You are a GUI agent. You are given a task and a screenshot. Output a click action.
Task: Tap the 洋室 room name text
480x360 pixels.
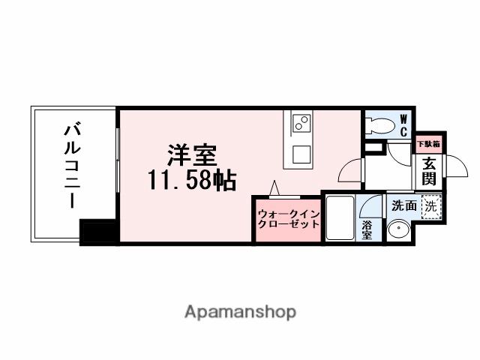pos(191,155)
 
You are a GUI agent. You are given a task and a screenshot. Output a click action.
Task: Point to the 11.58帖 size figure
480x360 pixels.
pos(191,180)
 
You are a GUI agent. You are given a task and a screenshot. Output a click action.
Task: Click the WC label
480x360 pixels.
pos(403,126)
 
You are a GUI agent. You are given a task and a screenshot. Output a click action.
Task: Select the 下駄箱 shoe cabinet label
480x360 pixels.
pos(428,143)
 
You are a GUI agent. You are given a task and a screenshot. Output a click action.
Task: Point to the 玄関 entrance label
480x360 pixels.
pos(429,171)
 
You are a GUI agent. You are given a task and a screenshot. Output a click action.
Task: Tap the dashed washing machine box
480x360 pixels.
pos(430,203)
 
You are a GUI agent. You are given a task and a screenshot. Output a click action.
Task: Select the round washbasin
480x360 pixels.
pos(398,231)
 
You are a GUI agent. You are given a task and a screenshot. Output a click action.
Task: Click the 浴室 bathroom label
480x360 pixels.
pos(367,229)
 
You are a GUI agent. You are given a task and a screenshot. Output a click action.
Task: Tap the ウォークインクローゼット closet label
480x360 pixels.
pos(289,218)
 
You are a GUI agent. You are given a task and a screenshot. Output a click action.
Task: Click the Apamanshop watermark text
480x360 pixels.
pos(240,311)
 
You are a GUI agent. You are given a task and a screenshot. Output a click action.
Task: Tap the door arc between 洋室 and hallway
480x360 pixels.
pos(350,172)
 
